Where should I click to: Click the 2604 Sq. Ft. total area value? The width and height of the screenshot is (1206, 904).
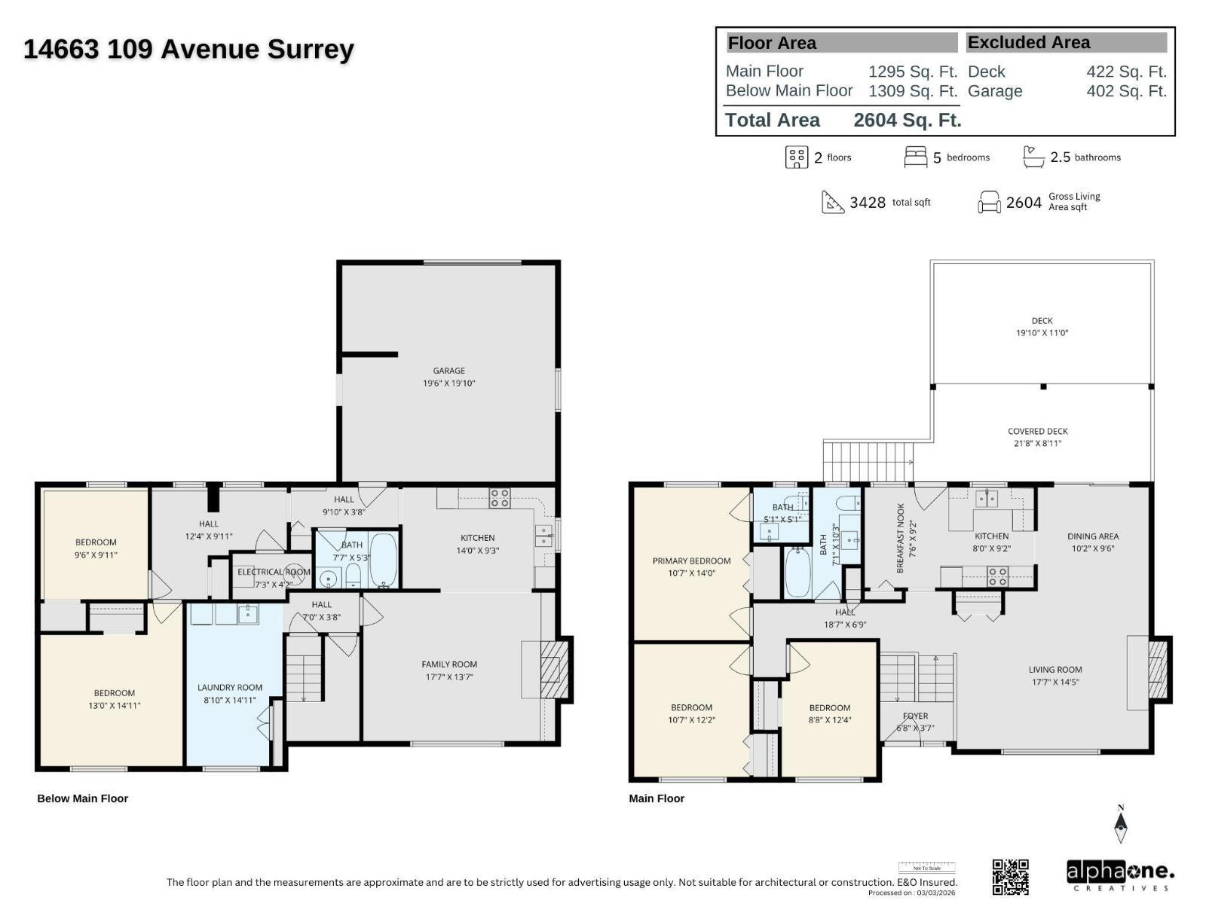tap(907, 120)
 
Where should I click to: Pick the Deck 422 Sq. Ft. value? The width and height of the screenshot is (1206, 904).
tap(1126, 72)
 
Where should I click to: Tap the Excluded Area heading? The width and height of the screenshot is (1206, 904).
tap(1028, 43)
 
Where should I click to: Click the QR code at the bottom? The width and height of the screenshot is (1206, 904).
tap(1010, 876)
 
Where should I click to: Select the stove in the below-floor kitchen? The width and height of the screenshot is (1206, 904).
tap(500, 498)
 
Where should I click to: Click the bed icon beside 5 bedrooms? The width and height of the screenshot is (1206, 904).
tap(915, 157)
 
